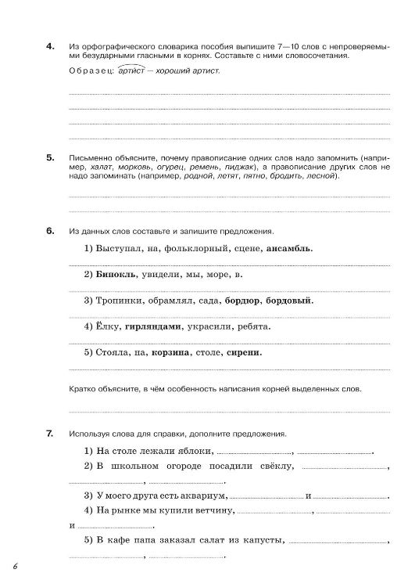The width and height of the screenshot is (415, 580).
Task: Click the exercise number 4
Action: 50,47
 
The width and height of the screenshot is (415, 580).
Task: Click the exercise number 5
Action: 50,157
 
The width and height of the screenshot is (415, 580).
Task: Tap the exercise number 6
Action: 50,232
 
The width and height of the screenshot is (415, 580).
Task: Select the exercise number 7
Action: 50,433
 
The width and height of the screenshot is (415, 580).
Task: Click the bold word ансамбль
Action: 290,248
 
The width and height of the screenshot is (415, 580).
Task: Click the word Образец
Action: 90,70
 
